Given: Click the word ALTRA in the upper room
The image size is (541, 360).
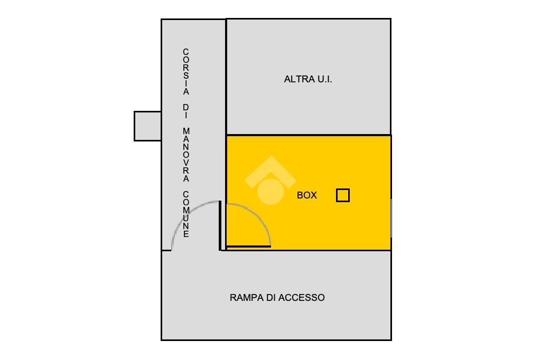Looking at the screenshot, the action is tap(296, 80).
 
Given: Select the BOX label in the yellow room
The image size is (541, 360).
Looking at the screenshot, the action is tap(307, 195).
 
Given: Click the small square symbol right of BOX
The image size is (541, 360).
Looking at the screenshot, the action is tap(343, 195).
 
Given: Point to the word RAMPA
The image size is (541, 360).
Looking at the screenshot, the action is tap(246, 298).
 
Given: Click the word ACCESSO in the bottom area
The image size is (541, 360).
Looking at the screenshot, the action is tap(302, 298).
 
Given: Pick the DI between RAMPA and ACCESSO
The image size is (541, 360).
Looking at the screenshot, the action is tap(270, 298).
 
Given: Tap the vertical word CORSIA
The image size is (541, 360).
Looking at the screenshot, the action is tap(186, 72).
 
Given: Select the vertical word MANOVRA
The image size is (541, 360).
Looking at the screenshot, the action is tap(186, 155).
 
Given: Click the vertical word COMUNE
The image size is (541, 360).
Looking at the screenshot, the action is tap(186, 214).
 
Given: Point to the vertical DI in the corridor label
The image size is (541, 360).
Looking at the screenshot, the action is tap(186, 111).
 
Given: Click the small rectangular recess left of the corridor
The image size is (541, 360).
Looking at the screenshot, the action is tap(148, 126).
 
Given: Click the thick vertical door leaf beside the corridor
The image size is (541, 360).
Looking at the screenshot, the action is tap(221, 225).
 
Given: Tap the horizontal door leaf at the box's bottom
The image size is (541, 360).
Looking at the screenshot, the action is tap(248, 246).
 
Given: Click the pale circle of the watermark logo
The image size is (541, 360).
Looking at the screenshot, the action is tap(270, 191).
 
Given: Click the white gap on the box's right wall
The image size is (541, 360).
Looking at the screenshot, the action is tap(391, 218).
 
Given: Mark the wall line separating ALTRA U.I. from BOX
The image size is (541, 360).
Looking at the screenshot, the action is tap(309, 135).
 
